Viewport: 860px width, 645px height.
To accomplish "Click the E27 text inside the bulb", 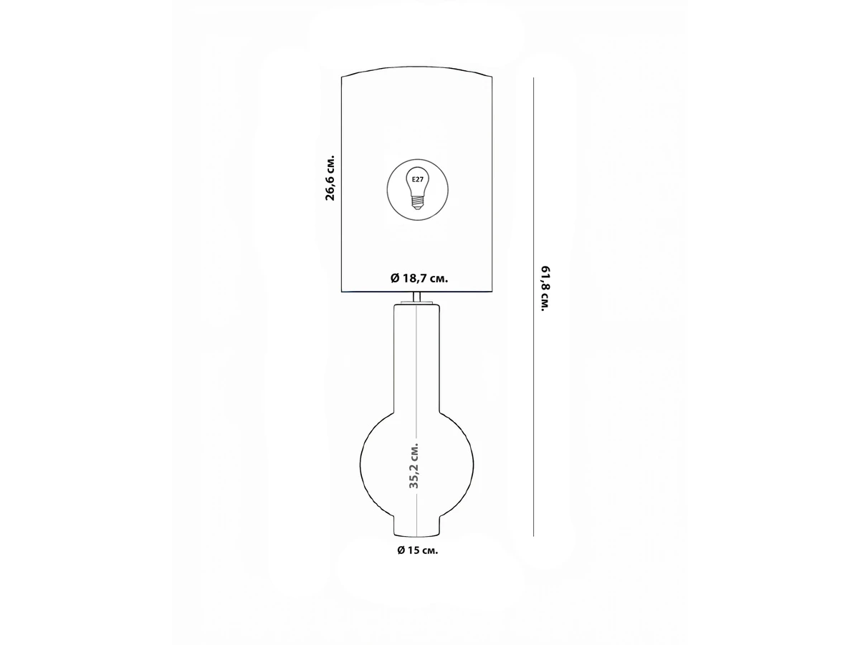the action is (x=417, y=180).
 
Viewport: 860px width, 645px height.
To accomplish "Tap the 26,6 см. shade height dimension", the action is (x=330, y=178).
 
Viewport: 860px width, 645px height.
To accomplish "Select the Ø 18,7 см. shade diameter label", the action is (x=419, y=278).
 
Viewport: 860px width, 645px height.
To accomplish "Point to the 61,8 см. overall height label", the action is (x=546, y=289).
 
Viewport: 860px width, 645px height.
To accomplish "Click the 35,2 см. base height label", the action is (x=414, y=466).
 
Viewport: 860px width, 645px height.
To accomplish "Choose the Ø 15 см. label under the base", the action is (x=418, y=550).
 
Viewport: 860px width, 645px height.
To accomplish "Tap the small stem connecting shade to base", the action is (x=417, y=297).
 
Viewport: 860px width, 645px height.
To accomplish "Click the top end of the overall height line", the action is (x=533, y=78).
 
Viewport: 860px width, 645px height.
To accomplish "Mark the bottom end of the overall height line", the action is (x=533, y=536).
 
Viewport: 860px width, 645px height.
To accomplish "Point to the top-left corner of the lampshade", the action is (x=342, y=77).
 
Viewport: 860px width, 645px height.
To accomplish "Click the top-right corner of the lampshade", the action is (x=492, y=77).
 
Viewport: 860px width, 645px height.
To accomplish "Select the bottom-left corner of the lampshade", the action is (x=342, y=292).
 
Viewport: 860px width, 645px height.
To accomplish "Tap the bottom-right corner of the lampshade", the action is (x=492, y=292).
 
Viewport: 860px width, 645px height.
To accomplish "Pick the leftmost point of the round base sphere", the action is (x=360, y=465).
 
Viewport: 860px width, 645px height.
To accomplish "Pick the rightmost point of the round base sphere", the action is (x=473, y=465).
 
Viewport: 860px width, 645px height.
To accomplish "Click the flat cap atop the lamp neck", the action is (x=417, y=302).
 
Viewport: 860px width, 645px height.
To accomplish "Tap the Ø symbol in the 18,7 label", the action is (x=395, y=279).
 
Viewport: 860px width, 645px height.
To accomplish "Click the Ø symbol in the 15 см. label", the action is (x=401, y=550).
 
